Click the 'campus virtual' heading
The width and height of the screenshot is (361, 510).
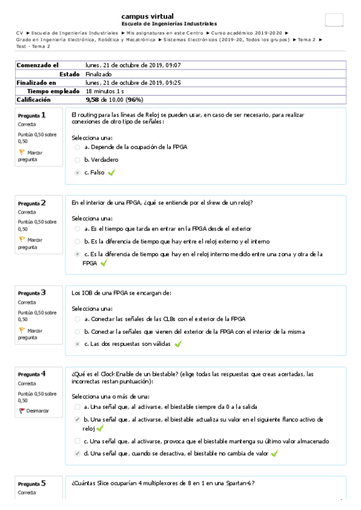pos(147,16)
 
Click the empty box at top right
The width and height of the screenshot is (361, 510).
pos(333,20)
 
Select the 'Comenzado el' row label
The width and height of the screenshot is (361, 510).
pos(37,65)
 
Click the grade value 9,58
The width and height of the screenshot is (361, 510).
pos(92,99)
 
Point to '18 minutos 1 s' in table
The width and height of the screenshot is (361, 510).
pos(105,91)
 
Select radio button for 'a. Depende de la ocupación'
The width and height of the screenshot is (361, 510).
pos(77,147)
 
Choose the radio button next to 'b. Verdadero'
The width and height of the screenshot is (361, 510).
pos(77,160)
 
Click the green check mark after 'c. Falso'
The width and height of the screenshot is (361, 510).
pos(111,173)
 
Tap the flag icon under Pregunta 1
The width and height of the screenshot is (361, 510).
pos(22,153)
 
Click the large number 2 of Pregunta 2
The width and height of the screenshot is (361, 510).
pos(43,203)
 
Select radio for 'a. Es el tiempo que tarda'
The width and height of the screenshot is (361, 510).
pos(77,229)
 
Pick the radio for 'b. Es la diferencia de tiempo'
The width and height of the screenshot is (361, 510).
pos(77,242)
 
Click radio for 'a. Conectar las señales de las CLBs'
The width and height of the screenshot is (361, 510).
pos(77,319)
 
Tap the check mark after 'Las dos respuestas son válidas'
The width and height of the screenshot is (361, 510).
pos(178,344)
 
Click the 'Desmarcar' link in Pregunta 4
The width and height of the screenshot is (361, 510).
pos(37,411)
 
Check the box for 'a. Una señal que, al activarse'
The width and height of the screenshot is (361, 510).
pos(77,407)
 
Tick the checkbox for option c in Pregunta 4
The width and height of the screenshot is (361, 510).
pos(77,441)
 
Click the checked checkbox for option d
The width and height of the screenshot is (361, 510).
pos(77,453)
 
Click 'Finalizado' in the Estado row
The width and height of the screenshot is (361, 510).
pos(99,74)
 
